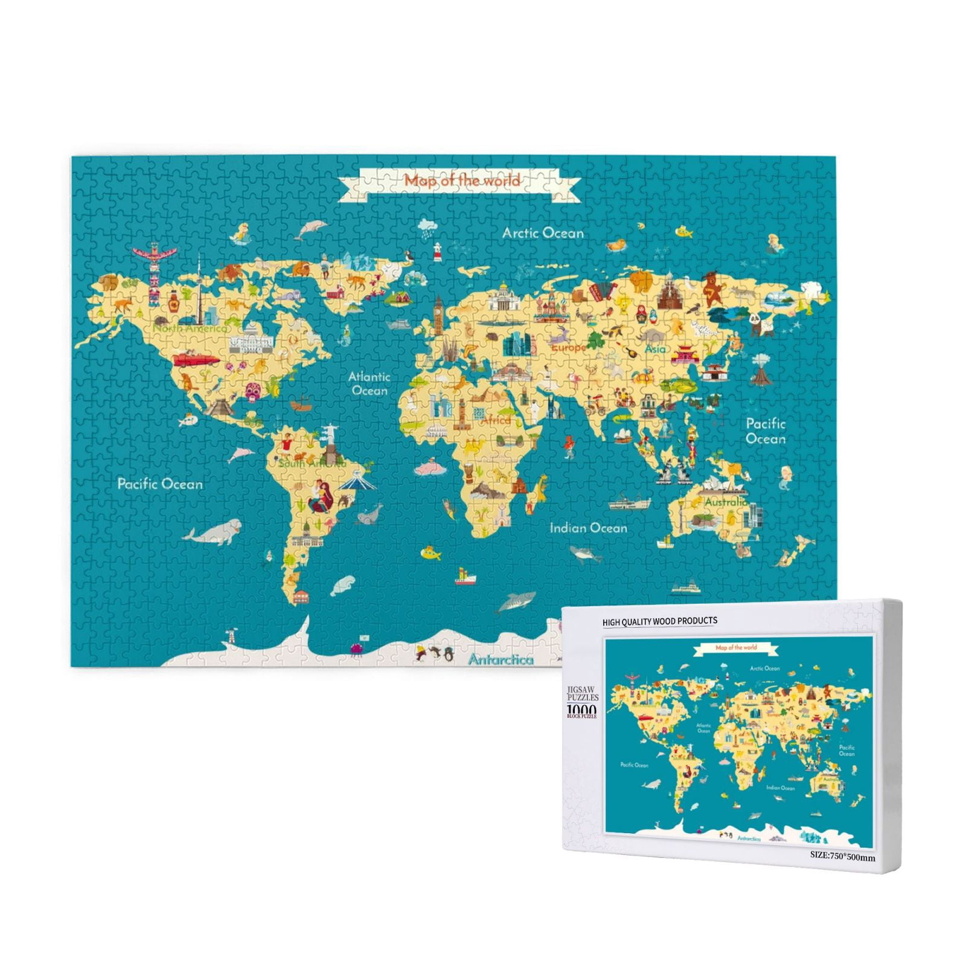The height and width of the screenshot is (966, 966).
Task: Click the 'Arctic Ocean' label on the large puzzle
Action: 543,233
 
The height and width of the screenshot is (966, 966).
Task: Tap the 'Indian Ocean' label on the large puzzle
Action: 588,528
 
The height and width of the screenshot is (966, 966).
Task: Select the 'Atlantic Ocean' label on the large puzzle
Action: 369,383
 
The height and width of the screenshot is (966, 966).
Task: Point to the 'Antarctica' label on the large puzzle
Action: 501,660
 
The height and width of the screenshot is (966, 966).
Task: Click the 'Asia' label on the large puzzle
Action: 655,349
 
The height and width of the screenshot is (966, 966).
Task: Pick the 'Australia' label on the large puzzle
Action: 726,502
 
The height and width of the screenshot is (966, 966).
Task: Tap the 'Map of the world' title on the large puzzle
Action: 462,180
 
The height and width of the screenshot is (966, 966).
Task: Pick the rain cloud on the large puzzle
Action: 429,226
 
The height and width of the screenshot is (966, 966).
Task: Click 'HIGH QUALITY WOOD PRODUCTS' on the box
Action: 659,621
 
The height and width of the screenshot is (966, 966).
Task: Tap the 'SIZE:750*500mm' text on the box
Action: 842,856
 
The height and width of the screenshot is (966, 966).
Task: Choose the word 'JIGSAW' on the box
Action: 581,688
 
